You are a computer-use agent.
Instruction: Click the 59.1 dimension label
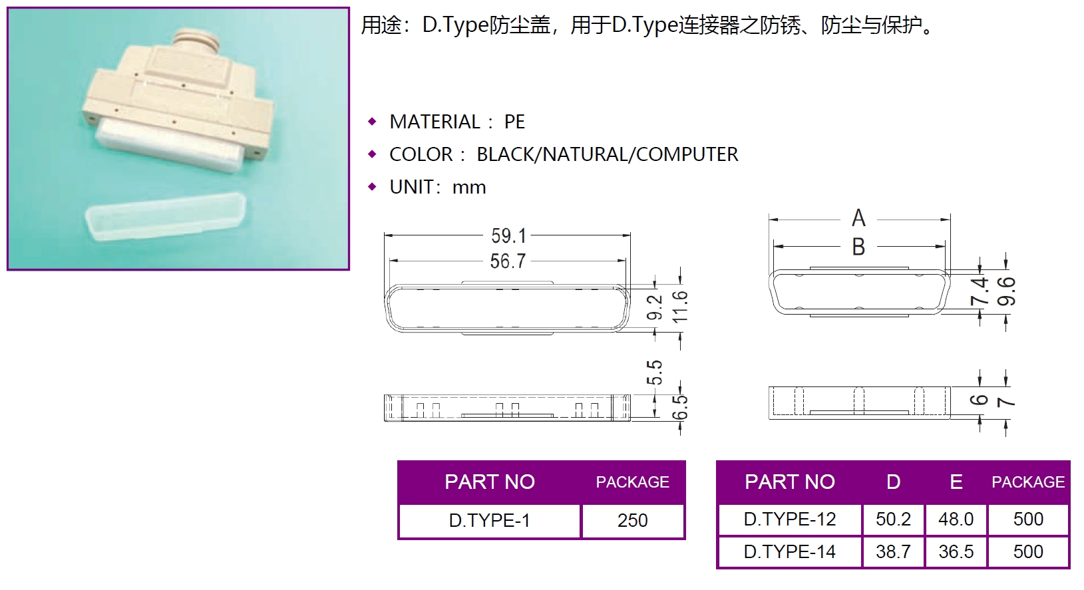click(x=508, y=236)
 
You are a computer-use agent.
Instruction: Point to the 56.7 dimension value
click(x=508, y=261)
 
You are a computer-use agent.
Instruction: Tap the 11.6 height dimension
click(x=680, y=307)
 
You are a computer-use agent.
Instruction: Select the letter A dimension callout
click(x=858, y=218)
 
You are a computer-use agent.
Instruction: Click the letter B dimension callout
click(x=858, y=247)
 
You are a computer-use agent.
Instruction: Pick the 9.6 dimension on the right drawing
click(x=1006, y=291)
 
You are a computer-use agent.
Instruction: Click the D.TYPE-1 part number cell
click(x=489, y=521)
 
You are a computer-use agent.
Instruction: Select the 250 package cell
click(x=632, y=521)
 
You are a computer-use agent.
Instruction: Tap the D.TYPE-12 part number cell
click(x=790, y=519)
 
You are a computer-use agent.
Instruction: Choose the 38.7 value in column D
click(x=893, y=552)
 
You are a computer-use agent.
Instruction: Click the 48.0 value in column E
click(x=956, y=519)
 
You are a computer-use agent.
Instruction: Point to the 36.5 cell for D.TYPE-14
click(x=956, y=552)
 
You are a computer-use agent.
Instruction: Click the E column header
click(x=956, y=482)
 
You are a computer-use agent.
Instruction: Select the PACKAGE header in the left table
click(x=632, y=482)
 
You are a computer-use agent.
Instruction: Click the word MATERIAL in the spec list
click(x=435, y=122)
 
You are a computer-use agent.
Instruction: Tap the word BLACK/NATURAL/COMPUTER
click(x=608, y=155)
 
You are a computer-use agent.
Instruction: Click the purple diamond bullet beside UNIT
click(x=372, y=187)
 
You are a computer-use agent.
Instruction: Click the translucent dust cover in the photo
click(x=166, y=216)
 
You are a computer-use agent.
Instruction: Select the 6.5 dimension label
click(x=680, y=407)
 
